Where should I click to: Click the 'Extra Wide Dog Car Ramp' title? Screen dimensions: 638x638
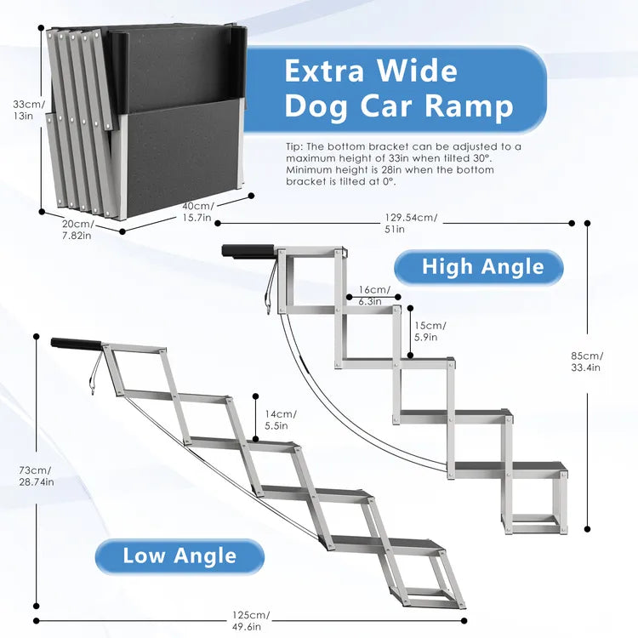coord(398,88)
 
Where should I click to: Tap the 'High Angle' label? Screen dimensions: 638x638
coord(481,267)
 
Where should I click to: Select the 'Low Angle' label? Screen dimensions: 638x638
coord(179,556)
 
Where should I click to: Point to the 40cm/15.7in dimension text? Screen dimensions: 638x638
coord(199,212)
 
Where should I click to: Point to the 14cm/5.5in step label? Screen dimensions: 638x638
coord(275,420)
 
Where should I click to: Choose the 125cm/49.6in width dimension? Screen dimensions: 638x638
coord(250,620)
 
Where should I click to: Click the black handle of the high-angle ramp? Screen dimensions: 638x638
coord(248,251)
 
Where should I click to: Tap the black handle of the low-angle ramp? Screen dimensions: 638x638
coord(76,344)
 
